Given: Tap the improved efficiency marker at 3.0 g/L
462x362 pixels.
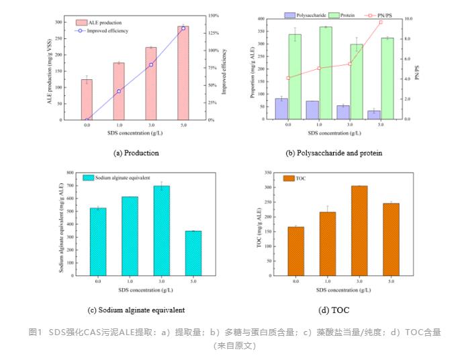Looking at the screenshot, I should click(151, 64).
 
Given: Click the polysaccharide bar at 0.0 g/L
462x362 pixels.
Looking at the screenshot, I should click(281, 109).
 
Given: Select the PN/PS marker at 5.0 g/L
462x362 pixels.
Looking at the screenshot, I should click(381, 22).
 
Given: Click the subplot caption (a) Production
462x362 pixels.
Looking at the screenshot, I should click(136, 153).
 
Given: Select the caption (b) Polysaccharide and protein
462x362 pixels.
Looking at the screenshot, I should click(334, 153).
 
